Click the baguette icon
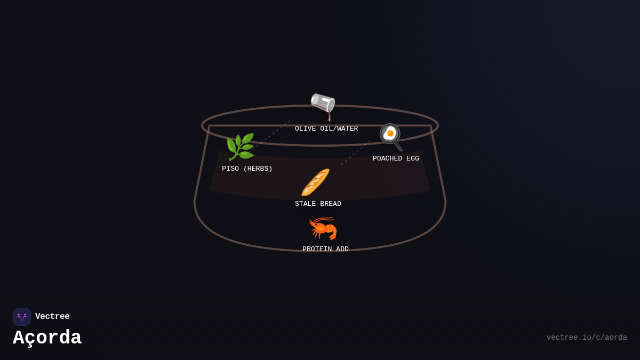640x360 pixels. click(315, 182)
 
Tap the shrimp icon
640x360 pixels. click(323, 228)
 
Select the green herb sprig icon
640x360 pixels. click(240, 147)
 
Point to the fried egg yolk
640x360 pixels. click(390, 133)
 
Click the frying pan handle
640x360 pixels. click(398, 146)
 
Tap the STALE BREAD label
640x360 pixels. click(318, 204)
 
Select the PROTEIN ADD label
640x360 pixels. click(325, 249)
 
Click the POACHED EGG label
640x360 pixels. click(396, 158)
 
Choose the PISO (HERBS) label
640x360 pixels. click(247, 169)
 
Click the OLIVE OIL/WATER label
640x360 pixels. click(326, 129)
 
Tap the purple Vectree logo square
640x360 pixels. click(22, 317)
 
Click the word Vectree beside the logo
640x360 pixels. click(52, 316)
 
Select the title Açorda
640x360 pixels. click(47, 338)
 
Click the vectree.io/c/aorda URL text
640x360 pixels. click(587, 338)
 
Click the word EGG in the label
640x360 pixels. click(413, 158)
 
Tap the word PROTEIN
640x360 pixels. click(317, 249)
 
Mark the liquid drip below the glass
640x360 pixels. click(330, 117)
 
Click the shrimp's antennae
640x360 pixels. click(322, 219)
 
